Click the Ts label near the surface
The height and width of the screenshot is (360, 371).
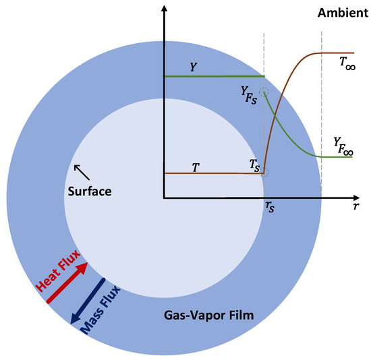tap(254, 164)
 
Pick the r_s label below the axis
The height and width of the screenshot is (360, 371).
tap(270, 208)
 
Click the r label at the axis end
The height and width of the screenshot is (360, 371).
tap(355, 208)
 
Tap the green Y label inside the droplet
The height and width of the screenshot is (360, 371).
tap(194, 67)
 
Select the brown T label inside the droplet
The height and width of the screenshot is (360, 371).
tap(196, 165)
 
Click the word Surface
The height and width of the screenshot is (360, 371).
tap(90, 191)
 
